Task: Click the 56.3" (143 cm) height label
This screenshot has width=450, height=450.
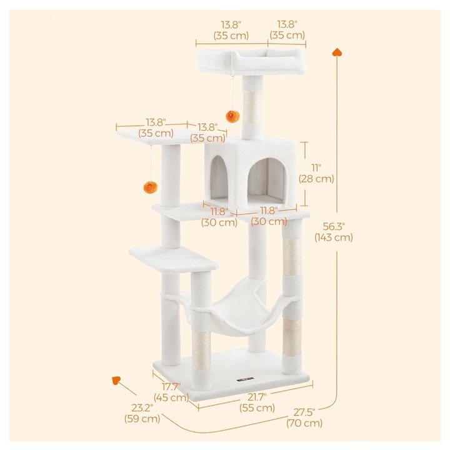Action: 334,232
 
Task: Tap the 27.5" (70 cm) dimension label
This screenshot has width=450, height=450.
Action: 304,417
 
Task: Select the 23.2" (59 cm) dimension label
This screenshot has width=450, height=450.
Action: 142,413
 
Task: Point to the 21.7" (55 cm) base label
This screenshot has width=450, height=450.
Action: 257,402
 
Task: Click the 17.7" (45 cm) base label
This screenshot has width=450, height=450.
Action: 171,392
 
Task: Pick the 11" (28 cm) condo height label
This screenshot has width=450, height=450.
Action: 316,173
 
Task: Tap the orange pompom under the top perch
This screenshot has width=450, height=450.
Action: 232,116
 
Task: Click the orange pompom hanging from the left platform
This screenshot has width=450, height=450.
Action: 151,187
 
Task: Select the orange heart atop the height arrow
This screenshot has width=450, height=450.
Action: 337,52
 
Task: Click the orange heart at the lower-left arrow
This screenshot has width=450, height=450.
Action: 116,380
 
